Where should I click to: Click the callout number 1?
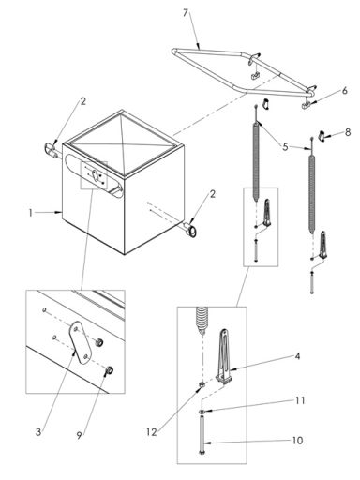pyautogui.click(x=31, y=214)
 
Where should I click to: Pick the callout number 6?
pyautogui.click(x=344, y=90)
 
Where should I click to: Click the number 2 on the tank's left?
pyautogui.click(x=82, y=101)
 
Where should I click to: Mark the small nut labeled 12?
pyautogui.click(x=200, y=384)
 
